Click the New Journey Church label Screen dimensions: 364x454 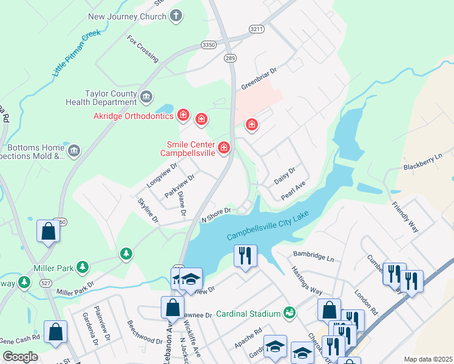127,16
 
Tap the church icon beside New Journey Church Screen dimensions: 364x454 176,16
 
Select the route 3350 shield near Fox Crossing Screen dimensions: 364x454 209,45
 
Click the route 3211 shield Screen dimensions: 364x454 257,29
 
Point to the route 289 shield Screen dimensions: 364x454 229,59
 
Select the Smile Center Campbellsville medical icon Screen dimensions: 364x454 224,148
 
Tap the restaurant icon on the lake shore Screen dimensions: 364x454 246,255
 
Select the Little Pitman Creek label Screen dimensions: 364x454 76,53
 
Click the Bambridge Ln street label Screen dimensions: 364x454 314,257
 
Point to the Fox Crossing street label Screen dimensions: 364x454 143,49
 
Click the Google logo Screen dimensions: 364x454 20,356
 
